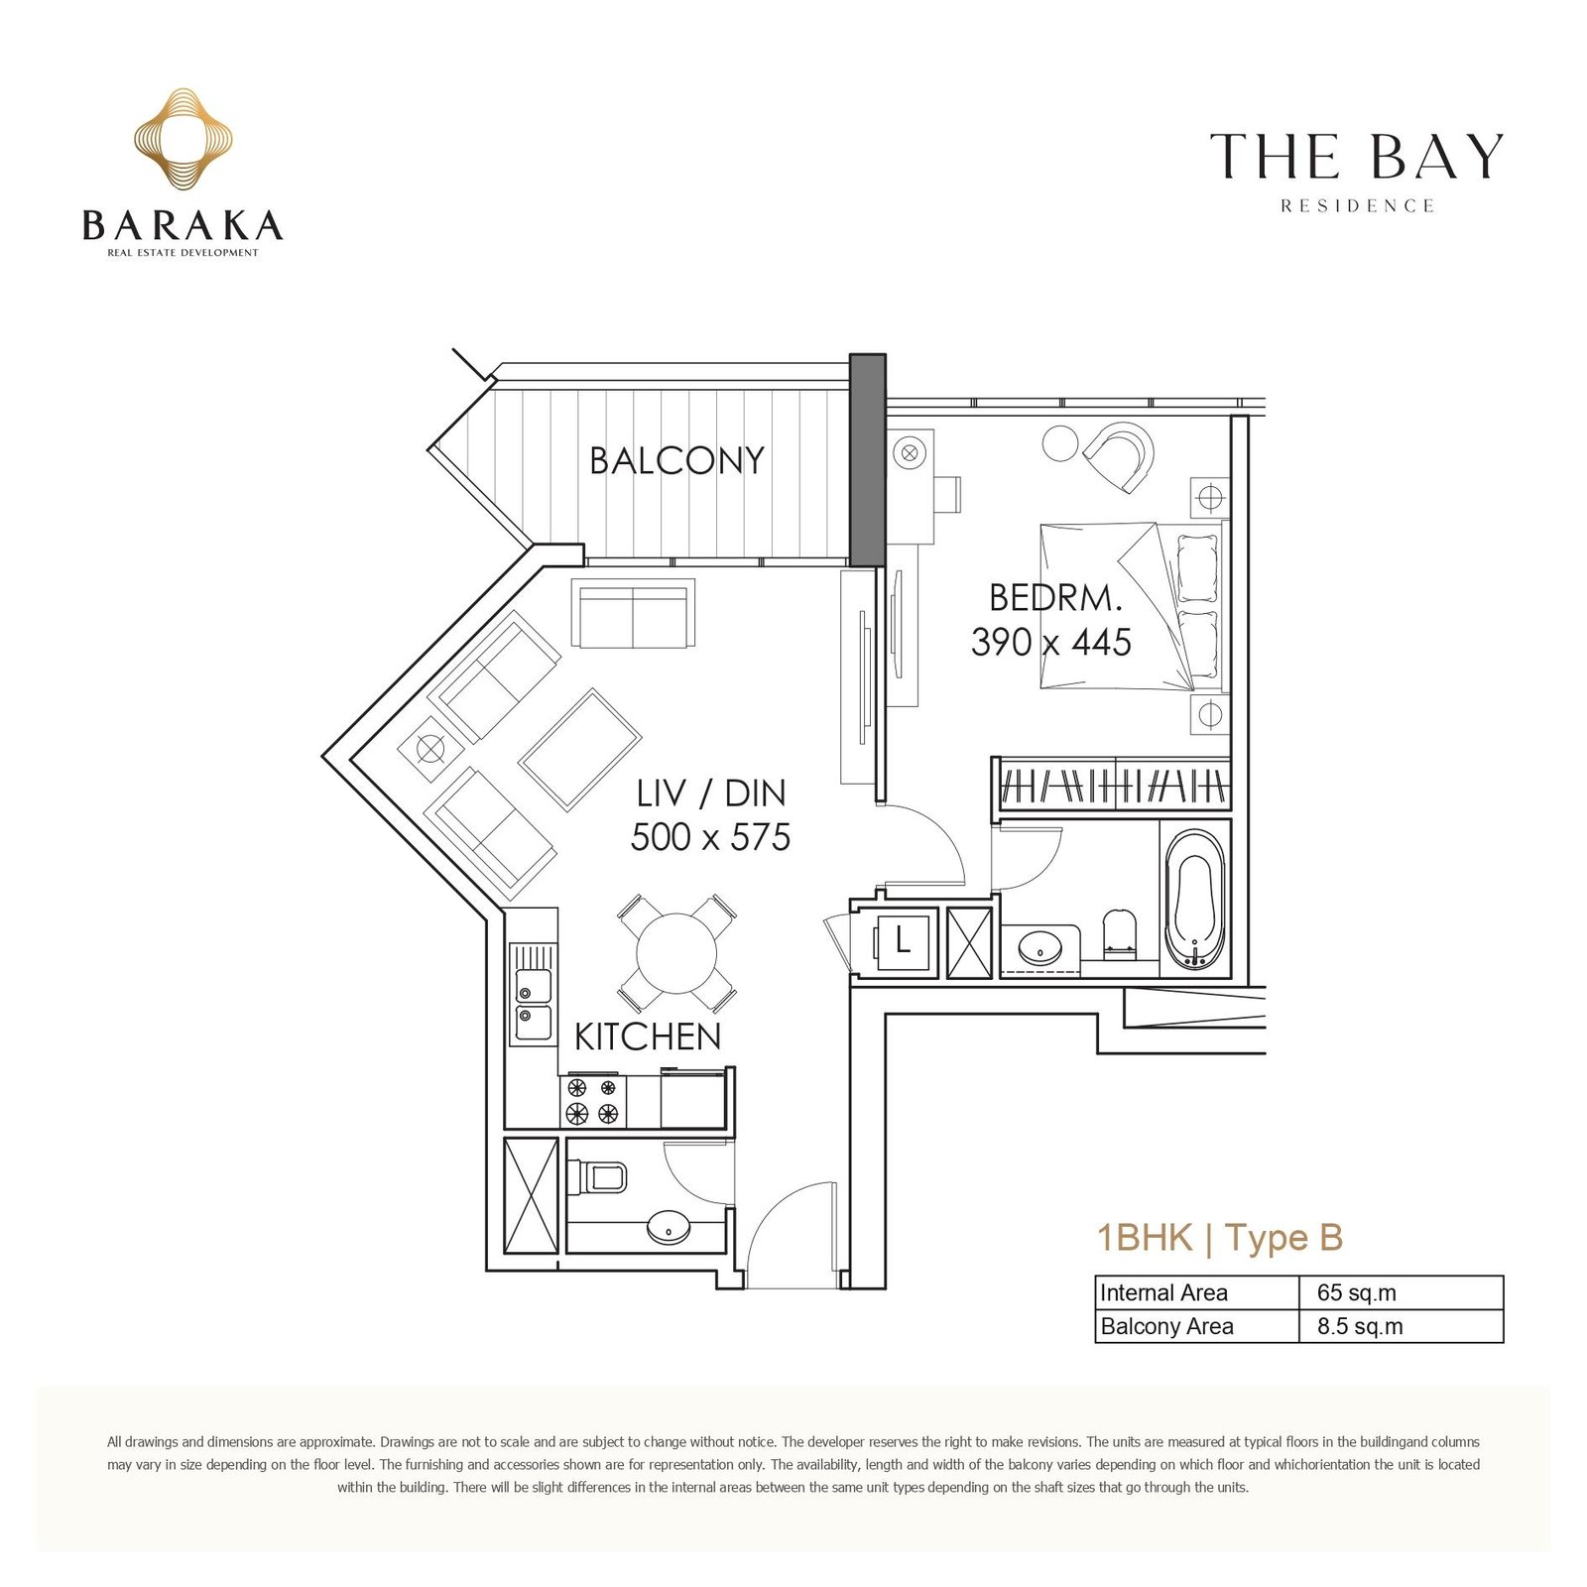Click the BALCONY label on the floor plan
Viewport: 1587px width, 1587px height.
click(676, 460)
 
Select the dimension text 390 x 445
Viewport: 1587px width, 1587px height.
click(1051, 643)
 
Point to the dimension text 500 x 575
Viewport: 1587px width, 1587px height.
click(710, 837)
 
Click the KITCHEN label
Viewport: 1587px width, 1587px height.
click(648, 1037)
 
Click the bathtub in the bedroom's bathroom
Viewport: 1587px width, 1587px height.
click(1195, 900)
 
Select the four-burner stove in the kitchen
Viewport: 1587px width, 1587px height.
click(593, 1100)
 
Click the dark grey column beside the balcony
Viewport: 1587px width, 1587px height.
click(868, 459)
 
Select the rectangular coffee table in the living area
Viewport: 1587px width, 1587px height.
click(580, 750)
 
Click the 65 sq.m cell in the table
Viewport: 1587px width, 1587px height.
click(1356, 1292)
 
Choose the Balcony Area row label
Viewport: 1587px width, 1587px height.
click(1167, 1326)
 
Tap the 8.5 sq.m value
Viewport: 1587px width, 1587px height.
click(1360, 1326)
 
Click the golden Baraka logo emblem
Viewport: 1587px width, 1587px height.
click(183, 139)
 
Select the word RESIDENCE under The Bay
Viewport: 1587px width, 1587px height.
click(1357, 206)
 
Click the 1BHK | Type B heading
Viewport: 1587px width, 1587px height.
click(1220, 1238)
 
